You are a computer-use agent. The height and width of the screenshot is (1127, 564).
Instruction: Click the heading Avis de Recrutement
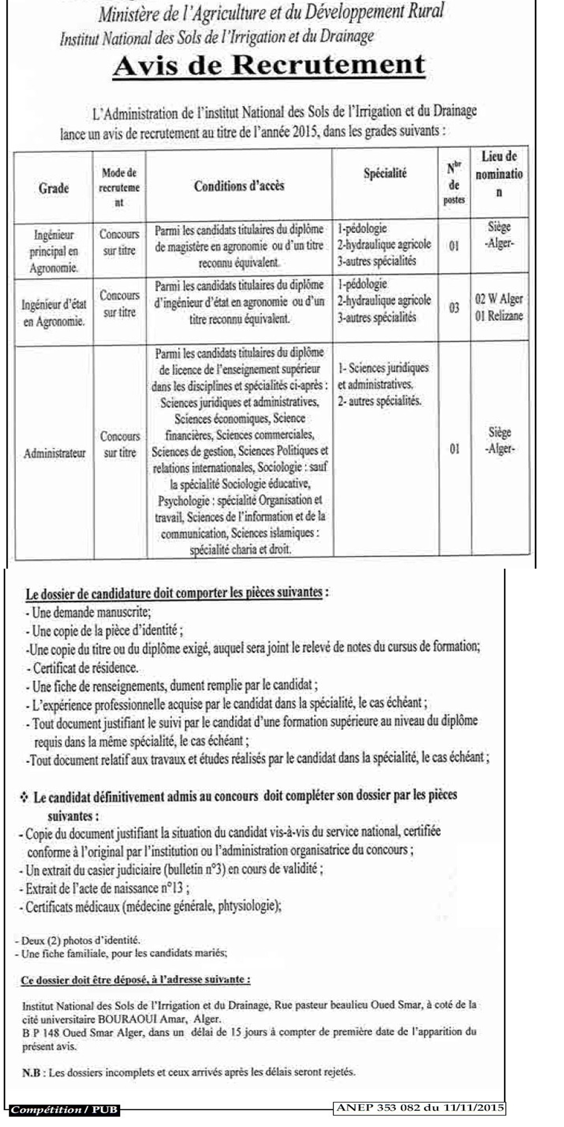click(x=269, y=65)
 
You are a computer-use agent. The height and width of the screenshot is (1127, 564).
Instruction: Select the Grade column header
click(x=54, y=188)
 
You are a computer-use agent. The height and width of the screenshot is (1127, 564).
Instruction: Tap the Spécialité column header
click(x=384, y=174)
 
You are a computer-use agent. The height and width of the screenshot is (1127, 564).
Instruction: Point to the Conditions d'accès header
click(x=239, y=186)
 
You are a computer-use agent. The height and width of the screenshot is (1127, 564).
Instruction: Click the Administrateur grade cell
click(x=55, y=454)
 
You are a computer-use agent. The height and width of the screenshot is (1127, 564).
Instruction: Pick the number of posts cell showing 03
click(x=454, y=309)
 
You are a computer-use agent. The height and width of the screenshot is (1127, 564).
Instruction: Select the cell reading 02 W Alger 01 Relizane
click(x=499, y=308)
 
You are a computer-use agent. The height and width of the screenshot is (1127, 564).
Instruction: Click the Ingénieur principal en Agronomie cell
click(x=54, y=251)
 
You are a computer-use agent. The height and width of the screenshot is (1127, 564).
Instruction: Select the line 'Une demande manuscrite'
click(x=89, y=612)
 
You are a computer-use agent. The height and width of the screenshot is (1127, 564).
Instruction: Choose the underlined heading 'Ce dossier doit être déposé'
click(x=136, y=980)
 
